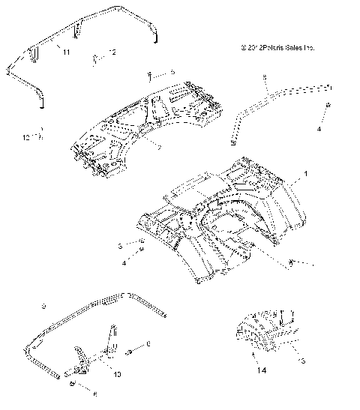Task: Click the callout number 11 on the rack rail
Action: (66, 51)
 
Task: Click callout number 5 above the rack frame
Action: (172, 72)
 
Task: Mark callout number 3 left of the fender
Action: (119, 245)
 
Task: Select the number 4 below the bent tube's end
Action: (319, 128)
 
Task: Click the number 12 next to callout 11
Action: (112, 52)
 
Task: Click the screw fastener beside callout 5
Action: (151, 73)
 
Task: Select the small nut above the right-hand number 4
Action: (328, 109)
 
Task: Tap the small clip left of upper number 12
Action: (96, 56)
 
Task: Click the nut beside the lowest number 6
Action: (71, 385)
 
